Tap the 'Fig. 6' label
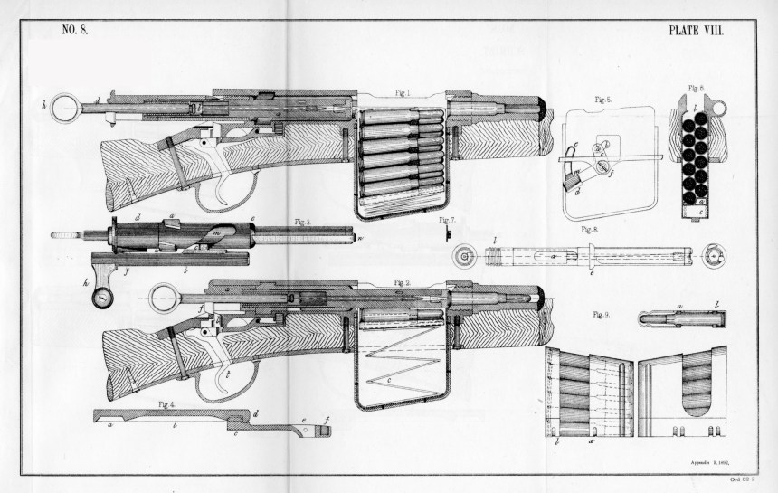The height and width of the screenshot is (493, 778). (x=695, y=91)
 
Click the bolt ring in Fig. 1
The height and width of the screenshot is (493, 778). (x=65, y=109)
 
